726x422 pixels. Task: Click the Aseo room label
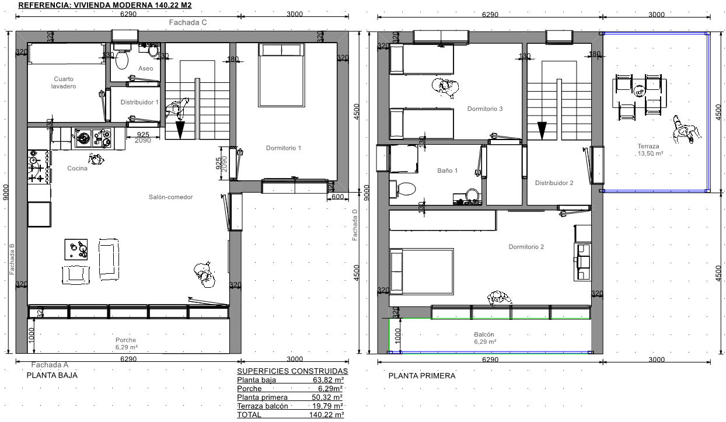coord(145,68)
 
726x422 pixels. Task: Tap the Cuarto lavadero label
coord(64,83)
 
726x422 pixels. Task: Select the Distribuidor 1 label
coord(139,102)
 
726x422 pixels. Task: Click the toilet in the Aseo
coord(122,58)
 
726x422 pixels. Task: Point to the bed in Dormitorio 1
coord(281,75)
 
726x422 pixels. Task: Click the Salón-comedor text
coord(171,197)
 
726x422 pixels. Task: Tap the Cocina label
coord(77,168)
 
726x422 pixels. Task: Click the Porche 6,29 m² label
coord(126,344)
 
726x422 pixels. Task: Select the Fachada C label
coord(188,22)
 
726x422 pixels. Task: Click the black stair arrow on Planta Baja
coord(180,130)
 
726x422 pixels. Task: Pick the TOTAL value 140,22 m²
coord(326,415)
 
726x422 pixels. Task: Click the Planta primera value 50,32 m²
coord(327,397)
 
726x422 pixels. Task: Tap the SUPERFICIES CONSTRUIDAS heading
coord(292,371)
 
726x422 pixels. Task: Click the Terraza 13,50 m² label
coord(651,150)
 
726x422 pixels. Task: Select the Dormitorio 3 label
coord(485,109)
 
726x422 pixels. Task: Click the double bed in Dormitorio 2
coord(422,271)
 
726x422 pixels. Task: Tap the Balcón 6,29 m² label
coord(484,338)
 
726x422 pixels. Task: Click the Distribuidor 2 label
coord(554,183)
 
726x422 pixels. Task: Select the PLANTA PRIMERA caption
coord(422,376)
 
